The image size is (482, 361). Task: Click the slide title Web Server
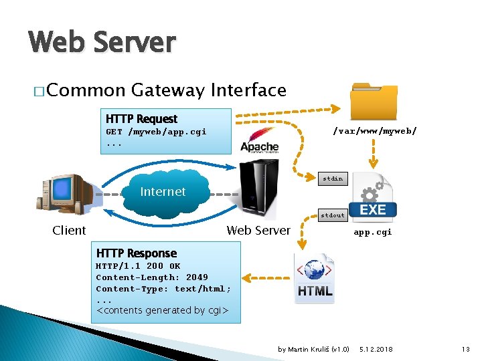[x=102, y=43]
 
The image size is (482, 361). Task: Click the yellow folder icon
[x=375, y=102]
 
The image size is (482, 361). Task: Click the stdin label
[x=333, y=178]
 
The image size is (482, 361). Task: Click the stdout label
[x=333, y=215]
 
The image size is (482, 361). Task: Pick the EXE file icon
[x=374, y=197]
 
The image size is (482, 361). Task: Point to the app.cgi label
[x=373, y=232]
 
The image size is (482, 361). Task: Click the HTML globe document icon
[x=314, y=277]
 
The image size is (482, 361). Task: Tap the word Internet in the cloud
[x=163, y=192]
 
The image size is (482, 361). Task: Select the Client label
[x=69, y=231]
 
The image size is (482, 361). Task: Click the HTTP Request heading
[x=141, y=119]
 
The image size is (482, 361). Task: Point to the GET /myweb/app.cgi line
[x=156, y=132]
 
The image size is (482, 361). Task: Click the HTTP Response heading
[x=137, y=253]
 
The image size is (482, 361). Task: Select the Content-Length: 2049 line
[x=152, y=277]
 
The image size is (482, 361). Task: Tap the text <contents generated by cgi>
[x=163, y=310]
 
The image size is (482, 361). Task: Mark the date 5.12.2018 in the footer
[x=376, y=350]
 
